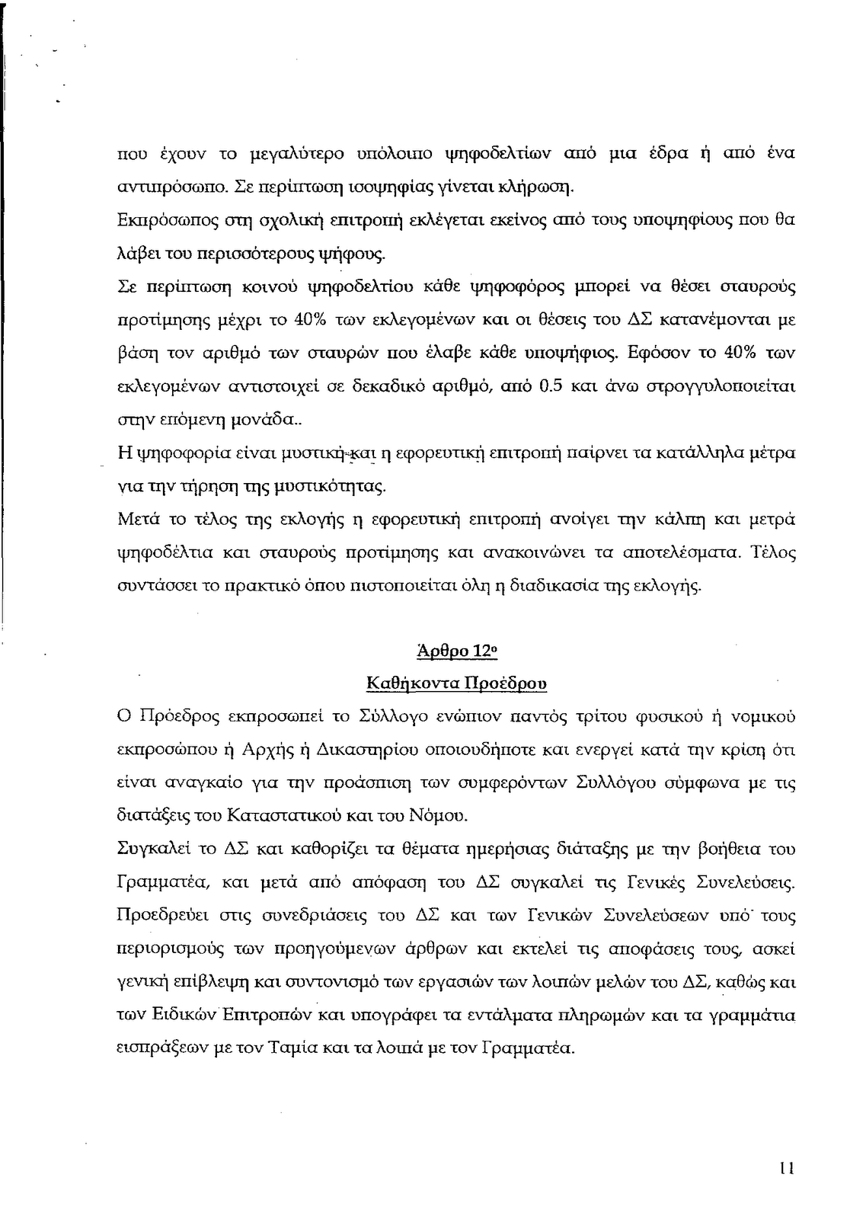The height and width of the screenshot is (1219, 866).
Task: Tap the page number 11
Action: click(x=788, y=1168)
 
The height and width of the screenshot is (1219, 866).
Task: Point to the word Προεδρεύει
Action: click(x=161, y=915)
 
